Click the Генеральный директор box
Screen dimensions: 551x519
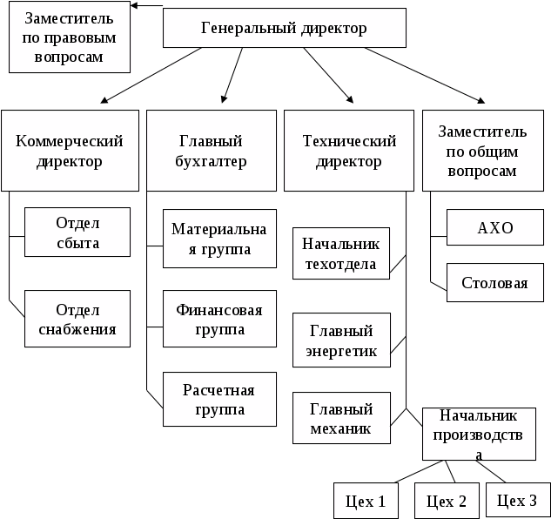285,28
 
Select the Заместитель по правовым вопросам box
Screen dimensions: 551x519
70,37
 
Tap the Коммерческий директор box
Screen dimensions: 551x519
70,151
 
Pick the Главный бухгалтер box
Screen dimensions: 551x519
212,151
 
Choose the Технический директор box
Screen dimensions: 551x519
348,151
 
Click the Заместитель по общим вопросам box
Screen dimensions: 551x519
483,151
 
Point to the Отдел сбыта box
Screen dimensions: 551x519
77,233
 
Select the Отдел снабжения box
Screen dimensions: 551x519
77,319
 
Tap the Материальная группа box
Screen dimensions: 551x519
219,239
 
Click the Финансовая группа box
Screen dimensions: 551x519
219,319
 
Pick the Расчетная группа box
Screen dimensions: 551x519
219,399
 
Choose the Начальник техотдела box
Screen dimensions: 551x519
341,253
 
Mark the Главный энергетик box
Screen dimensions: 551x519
341,340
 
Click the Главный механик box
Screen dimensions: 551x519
341,418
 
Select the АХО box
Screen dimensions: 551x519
495,227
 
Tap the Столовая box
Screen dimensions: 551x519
495,282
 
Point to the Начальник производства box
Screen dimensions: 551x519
479,434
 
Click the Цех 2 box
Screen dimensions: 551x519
447,501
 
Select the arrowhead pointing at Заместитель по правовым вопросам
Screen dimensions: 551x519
134,5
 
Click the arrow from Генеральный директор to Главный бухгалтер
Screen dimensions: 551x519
232,75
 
